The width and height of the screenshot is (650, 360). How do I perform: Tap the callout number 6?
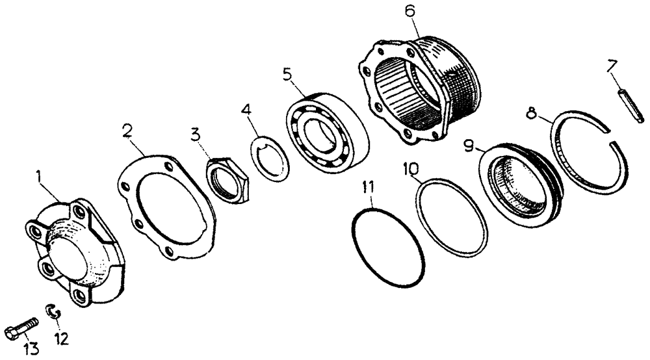[409, 11]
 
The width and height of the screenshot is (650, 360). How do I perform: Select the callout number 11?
[368, 187]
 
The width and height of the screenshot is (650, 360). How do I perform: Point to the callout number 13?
[31, 349]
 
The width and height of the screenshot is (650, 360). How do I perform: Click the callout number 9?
[469, 146]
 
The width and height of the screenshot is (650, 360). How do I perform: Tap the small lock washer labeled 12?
[53, 311]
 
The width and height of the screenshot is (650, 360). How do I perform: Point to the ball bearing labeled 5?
[327, 133]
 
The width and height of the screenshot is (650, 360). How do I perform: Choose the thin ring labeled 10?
[452, 216]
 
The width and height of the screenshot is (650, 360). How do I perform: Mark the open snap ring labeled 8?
[589, 152]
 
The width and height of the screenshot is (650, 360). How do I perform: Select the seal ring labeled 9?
[521, 185]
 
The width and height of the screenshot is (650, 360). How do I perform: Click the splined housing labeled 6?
[419, 90]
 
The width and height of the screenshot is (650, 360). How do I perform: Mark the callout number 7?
[612, 67]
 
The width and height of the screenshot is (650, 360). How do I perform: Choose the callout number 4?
[246, 110]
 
